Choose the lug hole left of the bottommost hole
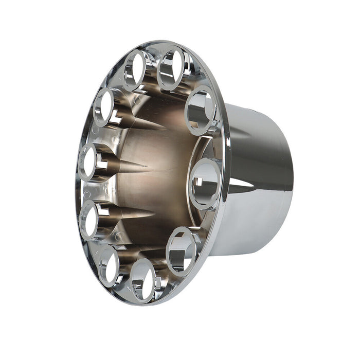109,263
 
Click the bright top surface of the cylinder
257,116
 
